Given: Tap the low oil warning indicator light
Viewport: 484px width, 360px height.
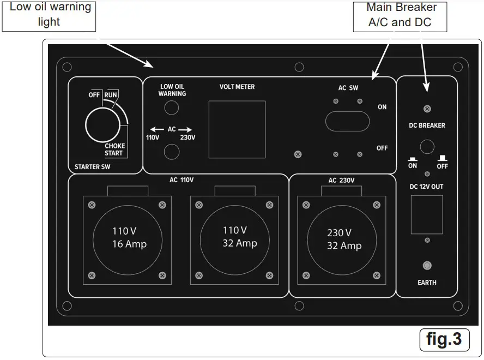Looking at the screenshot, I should (172, 108).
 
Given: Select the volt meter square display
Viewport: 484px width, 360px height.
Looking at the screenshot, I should (237, 129).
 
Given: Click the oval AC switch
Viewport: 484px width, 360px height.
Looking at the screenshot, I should (347, 121).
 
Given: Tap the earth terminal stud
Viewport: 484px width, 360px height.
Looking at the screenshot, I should (427, 266).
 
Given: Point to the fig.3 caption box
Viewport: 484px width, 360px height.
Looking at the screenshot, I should (444, 339).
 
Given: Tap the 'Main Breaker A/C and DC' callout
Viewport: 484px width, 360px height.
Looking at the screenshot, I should (401, 15).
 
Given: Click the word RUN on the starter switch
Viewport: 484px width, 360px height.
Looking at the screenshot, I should (111, 95).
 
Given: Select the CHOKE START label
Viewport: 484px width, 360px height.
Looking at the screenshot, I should (114, 149).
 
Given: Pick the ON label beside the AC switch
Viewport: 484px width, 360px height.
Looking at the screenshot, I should (382, 107).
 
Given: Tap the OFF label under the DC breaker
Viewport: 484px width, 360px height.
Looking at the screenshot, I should (442, 166).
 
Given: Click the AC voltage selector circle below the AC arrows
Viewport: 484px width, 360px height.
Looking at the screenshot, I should (172, 152).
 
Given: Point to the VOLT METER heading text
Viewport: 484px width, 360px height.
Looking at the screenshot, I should (237, 87).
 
